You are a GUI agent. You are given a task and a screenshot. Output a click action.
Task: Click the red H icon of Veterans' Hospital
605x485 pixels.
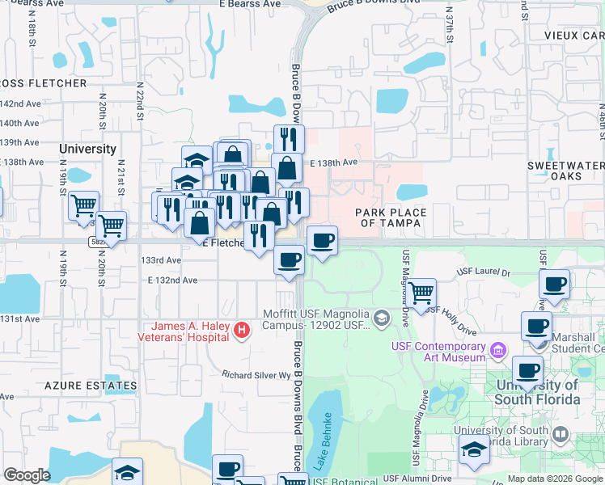click(x=240, y=330)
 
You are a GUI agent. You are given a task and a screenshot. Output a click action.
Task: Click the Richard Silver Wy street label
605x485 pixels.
click(x=256, y=375)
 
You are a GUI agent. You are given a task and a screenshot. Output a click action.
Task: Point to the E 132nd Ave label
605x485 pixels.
click(x=172, y=280)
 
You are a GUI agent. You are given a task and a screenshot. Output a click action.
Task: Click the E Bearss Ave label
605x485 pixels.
click(x=249, y=4)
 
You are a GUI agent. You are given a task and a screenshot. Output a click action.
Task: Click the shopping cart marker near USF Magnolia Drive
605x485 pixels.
click(x=421, y=292)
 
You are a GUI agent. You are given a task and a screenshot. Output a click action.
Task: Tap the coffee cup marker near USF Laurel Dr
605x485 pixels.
click(x=554, y=285)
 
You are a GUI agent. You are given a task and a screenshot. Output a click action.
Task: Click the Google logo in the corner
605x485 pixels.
click(x=27, y=475)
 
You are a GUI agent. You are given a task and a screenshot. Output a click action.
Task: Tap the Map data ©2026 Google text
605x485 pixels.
click(x=555, y=479)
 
